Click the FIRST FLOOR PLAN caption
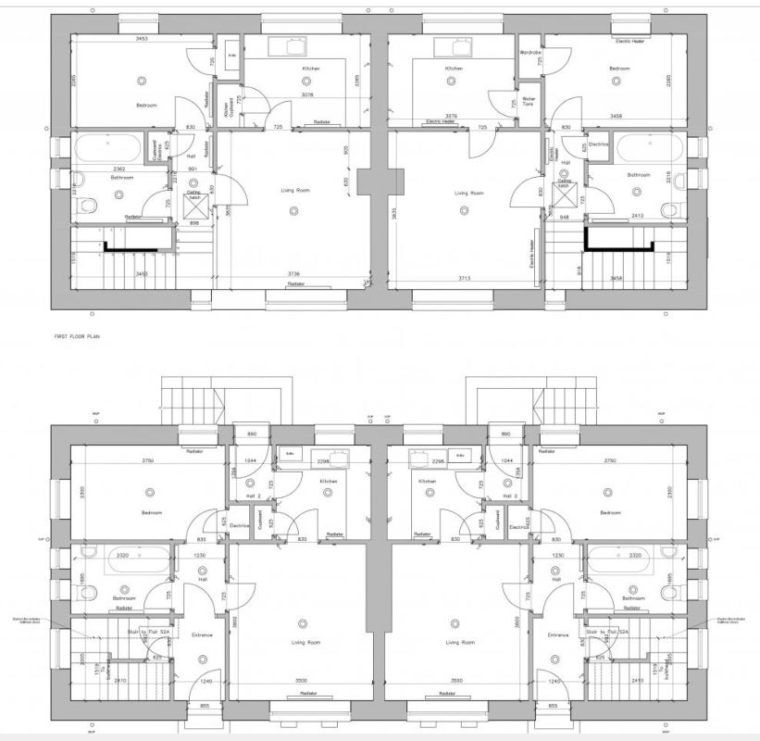coord(77,337)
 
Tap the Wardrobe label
coord(530,53)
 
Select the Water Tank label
coord(529,101)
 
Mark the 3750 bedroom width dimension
coord(148,461)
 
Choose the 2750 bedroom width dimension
coord(610,461)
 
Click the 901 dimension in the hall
coord(192,169)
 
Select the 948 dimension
coord(563,217)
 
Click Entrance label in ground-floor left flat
coord(202,634)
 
